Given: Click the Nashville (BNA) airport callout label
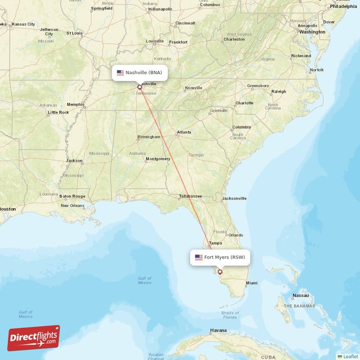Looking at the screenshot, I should click(140, 72).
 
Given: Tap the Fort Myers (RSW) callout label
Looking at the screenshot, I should click(220, 257).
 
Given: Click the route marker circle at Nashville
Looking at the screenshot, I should click(139, 87).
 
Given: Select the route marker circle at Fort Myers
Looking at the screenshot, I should click(220, 272).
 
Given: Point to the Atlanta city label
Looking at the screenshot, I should click(184, 132).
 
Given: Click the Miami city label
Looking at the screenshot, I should click(252, 283).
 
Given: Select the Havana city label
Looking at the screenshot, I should click(218, 331).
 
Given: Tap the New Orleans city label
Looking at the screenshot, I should click(72, 206).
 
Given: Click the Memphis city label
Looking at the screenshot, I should click(75, 104).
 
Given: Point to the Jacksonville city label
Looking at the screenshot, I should click(234, 198).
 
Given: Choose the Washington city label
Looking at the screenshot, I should click(312, 32).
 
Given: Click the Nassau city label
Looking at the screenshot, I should click(300, 296).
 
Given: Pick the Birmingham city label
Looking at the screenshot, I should click(149, 137).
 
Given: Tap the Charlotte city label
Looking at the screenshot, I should click(244, 103).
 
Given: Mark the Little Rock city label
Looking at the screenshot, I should click(58, 112).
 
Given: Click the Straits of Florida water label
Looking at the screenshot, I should click(229, 315).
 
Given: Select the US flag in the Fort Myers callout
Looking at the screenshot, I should click(198, 257).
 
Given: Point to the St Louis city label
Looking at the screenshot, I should click(74, 33).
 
